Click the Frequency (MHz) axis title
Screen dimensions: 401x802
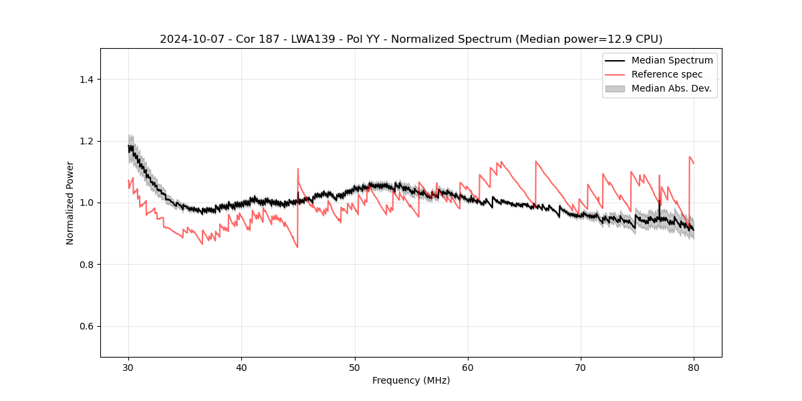pos(411,380)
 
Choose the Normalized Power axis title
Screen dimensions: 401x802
pos(70,203)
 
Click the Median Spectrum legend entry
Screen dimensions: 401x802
pos(672,60)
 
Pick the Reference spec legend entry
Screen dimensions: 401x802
pos(667,74)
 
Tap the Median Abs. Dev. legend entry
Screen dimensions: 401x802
pos(671,88)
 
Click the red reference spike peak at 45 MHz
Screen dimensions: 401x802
pos(298,169)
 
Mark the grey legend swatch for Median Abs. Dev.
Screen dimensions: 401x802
pos(615,88)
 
